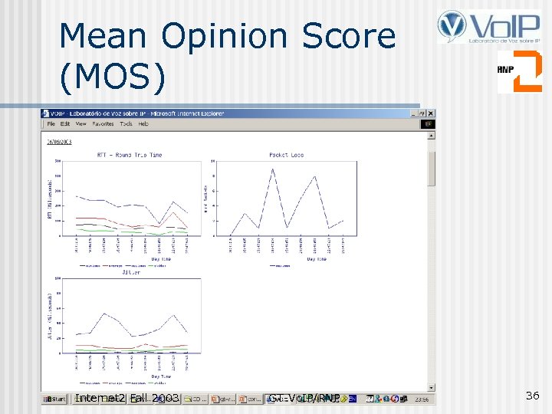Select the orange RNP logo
[519, 71]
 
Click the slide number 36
[532, 396]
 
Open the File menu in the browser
[51, 123]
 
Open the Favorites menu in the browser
[103, 123]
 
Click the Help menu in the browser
[143, 123]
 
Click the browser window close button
[431, 113]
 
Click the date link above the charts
[58, 142]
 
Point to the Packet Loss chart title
[286, 155]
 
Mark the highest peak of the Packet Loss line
[272, 169]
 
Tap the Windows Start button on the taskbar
[54, 399]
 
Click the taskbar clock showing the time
[421, 399]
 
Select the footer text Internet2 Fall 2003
[127, 398]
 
